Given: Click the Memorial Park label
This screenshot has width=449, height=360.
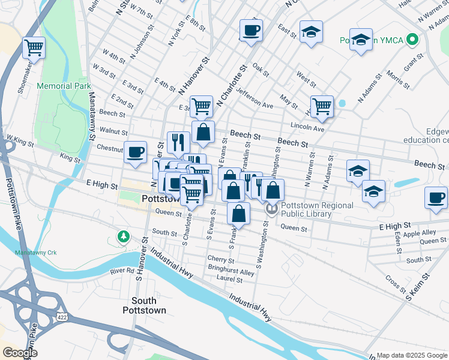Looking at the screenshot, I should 63,86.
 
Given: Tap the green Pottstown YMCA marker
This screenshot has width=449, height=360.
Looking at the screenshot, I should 411,40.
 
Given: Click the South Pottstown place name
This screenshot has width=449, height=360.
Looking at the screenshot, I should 139,305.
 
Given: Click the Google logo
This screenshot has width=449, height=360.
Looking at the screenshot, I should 20,352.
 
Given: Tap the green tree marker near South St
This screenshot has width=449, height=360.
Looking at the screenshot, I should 124,236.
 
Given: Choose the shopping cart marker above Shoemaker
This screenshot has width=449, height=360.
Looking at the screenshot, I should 34,47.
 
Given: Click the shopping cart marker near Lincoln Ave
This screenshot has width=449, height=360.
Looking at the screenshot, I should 322,106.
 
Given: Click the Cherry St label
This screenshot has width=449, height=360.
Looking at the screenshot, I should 220,259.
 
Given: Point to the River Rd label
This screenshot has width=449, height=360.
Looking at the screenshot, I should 121,271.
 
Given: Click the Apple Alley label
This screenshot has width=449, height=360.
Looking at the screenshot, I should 420,233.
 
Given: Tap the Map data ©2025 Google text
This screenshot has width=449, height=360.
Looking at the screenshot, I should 412,355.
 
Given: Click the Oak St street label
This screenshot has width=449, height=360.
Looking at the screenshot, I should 260,66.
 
